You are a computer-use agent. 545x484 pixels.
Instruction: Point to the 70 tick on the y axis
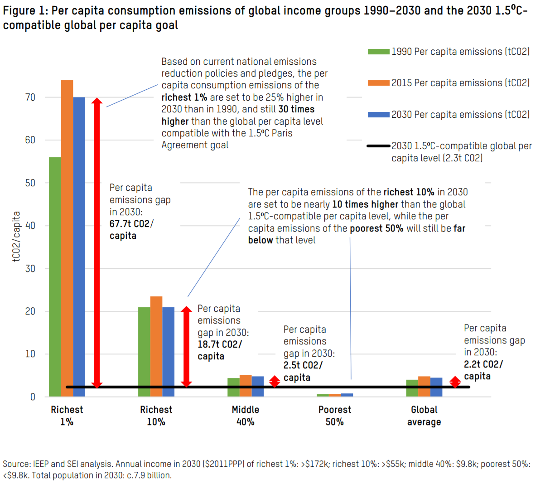(30, 97)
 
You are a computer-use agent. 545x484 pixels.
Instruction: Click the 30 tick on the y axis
(30, 269)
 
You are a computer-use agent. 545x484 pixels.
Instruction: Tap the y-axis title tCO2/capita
(16, 237)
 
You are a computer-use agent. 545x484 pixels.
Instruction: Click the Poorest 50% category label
(335, 416)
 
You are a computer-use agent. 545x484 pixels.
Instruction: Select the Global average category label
(424, 416)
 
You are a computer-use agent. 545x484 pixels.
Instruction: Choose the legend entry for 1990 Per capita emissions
(460, 52)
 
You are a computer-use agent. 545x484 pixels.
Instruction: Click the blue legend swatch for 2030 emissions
(378, 115)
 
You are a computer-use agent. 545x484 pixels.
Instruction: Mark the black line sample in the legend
(378, 146)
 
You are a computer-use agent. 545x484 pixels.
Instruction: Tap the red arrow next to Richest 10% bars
(186, 347)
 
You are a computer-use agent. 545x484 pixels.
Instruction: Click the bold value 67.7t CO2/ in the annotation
(131, 224)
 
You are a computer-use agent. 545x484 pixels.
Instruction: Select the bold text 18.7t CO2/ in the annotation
(220, 344)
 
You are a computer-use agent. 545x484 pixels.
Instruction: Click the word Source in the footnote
(16, 464)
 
